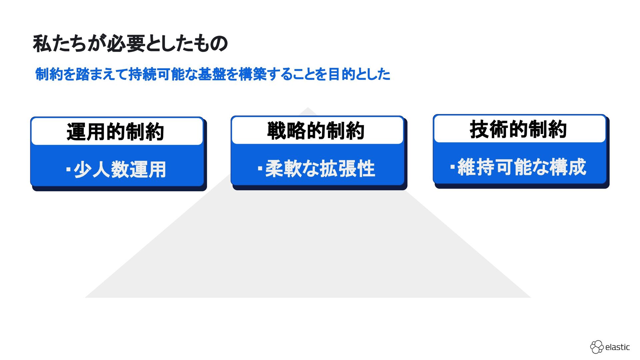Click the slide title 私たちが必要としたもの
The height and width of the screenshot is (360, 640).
[x=130, y=44]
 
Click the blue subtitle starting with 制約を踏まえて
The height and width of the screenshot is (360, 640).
[x=213, y=74]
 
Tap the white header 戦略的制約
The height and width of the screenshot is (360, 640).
[x=316, y=130]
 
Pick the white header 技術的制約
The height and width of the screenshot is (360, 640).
[x=518, y=129]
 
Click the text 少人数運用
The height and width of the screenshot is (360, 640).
[x=120, y=169]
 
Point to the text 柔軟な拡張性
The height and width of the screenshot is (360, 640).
[x=320, y=168]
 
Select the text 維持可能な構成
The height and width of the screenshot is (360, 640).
[x=522, y=167]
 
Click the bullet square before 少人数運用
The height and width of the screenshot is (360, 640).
[x=68, y=169]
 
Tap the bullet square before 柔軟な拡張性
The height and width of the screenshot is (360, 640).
[x=260, y=168]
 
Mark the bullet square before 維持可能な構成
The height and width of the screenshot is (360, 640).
[x=452, y=167]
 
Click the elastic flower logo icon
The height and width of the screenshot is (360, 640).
[x=597, y=347]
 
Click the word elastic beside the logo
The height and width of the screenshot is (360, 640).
[x=617, y=347]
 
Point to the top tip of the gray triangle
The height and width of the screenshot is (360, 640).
[x=308, y=108]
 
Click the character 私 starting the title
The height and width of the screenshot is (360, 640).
[x=42, y=44]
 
